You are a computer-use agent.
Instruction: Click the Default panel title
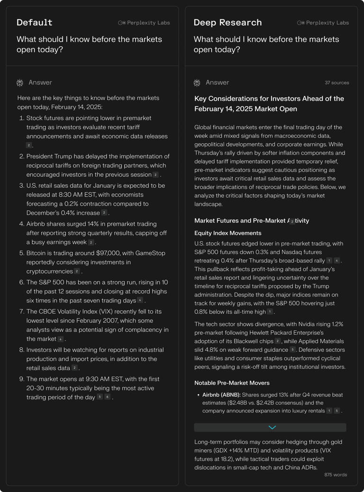(34, 23)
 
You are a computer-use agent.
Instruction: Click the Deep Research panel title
(227, 23)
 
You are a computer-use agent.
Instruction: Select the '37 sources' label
(337, 83)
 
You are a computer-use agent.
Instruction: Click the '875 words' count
(336, 474)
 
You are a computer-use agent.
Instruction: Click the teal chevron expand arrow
(272, 428)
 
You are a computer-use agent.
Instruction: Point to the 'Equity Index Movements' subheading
(227, 233)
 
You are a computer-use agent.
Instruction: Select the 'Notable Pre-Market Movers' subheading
(232, 383)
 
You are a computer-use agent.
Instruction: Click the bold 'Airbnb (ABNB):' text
(221, 395)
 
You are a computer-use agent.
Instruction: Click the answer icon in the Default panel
(20, 83)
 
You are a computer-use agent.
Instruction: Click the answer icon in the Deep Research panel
(197, 83)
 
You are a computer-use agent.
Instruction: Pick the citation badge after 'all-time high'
(270, 312)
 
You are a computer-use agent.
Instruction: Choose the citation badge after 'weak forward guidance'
(292, 350)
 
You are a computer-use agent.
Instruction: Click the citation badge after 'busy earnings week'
(91, 243)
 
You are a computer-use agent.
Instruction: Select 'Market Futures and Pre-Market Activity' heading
(252, 221)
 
